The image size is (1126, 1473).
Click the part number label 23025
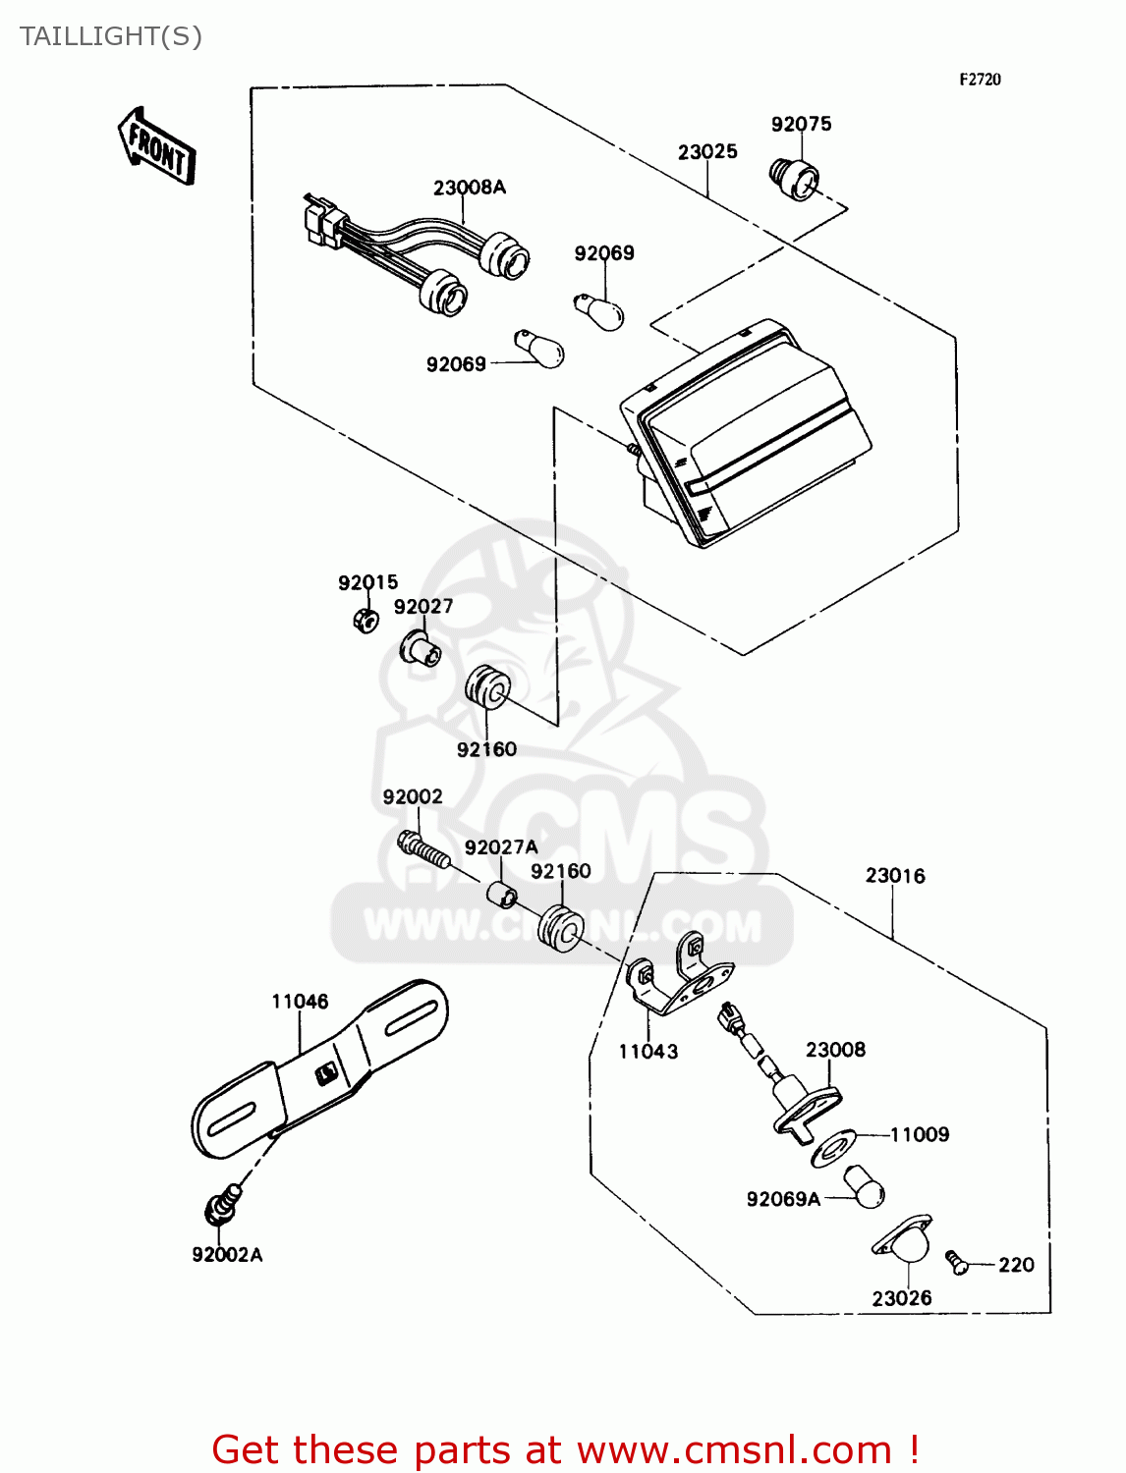(x=706, y=151)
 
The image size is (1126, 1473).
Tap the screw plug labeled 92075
(x=793, y=180)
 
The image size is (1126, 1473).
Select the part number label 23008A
(x=469, y=187)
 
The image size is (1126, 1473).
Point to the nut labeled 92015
(x=366, y=620)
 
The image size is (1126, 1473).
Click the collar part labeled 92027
(x=420, y=648)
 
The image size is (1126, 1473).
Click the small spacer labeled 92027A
(x=503, y=895)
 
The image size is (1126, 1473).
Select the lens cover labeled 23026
(x=903, y=1240)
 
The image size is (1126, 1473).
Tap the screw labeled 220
(x=957, y=1262)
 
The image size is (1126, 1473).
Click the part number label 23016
(x=894, y=875)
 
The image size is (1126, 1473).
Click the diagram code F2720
(x=980, y=80)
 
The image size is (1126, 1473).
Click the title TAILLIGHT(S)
(x=111, y=36)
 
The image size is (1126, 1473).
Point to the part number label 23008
(x=835, y=1049)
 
